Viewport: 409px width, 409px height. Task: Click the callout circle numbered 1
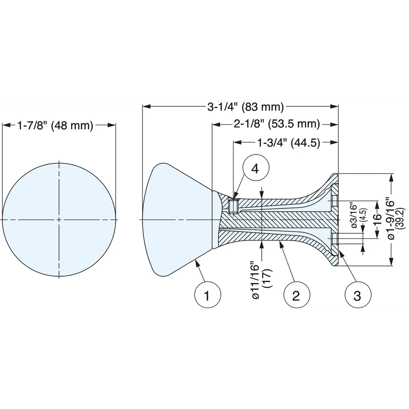pos(208,295)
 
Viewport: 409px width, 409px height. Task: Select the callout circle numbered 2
pos(297,295)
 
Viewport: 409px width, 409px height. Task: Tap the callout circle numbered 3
pos(358,295)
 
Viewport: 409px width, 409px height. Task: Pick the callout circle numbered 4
pos(255,169)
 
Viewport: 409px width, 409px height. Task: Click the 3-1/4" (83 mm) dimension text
pos(245,107)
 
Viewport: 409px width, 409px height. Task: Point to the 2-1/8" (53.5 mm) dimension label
pos(277,124)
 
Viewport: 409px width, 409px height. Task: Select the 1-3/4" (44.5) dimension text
pos(289,143)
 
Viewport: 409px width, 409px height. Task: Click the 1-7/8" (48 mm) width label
pos(55,126)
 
